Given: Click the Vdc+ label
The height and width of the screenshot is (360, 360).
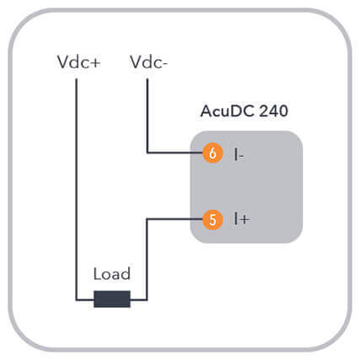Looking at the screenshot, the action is pos(78,62).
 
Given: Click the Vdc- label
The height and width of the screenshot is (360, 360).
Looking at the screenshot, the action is pos(148,62).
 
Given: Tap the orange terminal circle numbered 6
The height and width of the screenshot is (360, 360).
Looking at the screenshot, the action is pos(212,153).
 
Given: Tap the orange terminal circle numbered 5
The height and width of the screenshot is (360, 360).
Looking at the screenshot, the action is pos(212,219).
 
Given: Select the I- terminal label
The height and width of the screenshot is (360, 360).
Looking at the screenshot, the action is pos(239,154).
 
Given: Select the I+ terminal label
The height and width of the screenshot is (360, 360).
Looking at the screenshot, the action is pos(242,218).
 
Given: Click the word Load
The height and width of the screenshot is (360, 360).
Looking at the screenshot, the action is pos(111,274).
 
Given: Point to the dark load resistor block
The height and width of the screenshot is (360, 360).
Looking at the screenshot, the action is pos(112,299).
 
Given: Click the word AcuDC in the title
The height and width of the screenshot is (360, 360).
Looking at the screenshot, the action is pos(228,111).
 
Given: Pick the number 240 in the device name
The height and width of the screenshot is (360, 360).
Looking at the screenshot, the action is pos(273,111).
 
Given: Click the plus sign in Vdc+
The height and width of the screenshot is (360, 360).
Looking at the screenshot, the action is pos(95,63).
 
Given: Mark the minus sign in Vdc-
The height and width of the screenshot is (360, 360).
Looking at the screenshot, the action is pos(164,64).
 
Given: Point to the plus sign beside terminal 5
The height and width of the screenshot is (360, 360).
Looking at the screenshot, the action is pos(244,219).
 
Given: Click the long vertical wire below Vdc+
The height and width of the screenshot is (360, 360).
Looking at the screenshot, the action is pos(77,190).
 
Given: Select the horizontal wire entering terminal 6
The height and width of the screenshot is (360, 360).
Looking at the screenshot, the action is pos(175,153).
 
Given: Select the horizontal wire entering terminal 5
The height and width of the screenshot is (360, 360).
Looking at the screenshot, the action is pos(175,219).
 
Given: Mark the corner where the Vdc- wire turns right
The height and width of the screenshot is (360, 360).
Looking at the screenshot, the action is pos(148,153).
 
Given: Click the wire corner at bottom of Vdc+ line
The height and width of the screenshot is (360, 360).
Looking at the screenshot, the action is pos(77,299).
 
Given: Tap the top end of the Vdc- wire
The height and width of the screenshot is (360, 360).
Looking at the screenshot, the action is pos(148,79).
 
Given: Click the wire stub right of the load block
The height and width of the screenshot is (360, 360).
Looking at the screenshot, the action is pos(139,299).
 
